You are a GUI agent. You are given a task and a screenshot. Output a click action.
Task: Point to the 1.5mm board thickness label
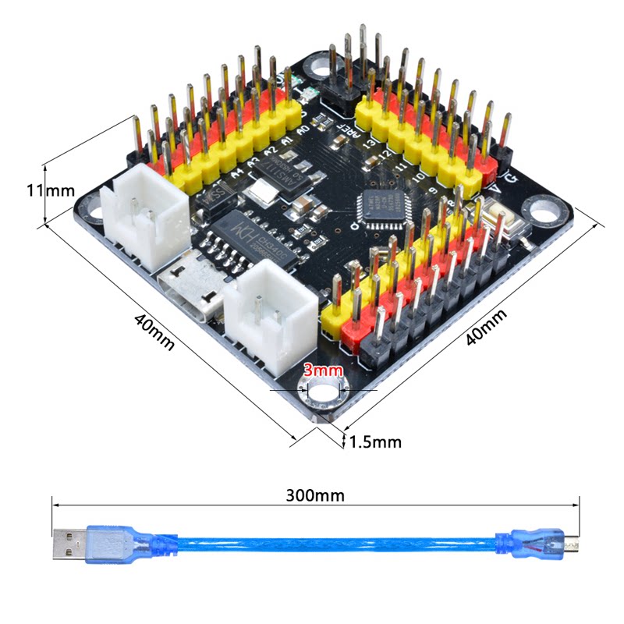tap(375, 442)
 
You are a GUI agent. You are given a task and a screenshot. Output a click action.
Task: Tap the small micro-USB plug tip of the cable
tap(573, 545)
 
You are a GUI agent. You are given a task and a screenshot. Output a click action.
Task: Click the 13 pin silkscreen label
tap(367, 144)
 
